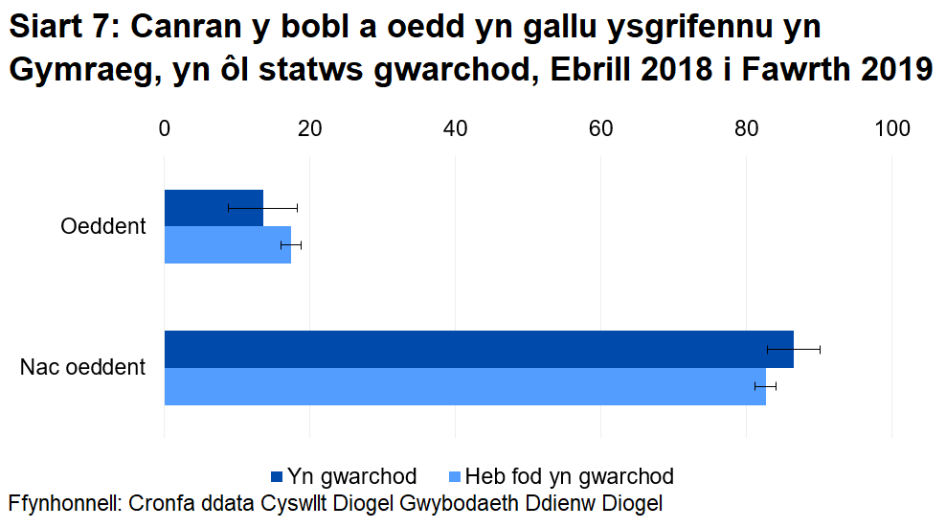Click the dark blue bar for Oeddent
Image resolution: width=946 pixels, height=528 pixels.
pyautogui.click(x=213, y=208)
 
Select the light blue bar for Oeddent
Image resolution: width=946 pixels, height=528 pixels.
pyautogui.click(x=227, y=244)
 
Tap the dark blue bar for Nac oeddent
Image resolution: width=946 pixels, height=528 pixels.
pyautogui.click(x=479, y=349)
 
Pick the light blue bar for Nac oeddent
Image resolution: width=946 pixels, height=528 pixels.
pyautogui.click(x=464, y=386)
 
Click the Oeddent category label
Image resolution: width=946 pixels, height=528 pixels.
pyautogui.click(x=102, y=227)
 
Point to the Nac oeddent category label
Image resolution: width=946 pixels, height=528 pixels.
pyautogui.click(x=82, y=367)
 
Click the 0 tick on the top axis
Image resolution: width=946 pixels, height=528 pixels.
pyautogui.click(x=165, y=129)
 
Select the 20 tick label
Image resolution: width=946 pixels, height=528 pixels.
pyautogui.click(x=309, y=129)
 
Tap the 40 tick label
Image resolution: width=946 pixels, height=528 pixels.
pyautogui.click(x=455, y=129)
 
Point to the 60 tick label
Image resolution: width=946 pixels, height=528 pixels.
pyautogui.click(x=600, y=129)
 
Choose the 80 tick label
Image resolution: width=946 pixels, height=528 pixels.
pyautogui.click(x=746, y=129)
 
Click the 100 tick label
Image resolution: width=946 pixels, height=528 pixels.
pyautogui.click(x=891, y=129)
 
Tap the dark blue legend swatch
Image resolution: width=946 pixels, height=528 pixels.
pyautogui.click(x=278, y=476)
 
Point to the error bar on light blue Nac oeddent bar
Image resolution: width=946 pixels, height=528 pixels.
pyautogui.click(x=766, y=385)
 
